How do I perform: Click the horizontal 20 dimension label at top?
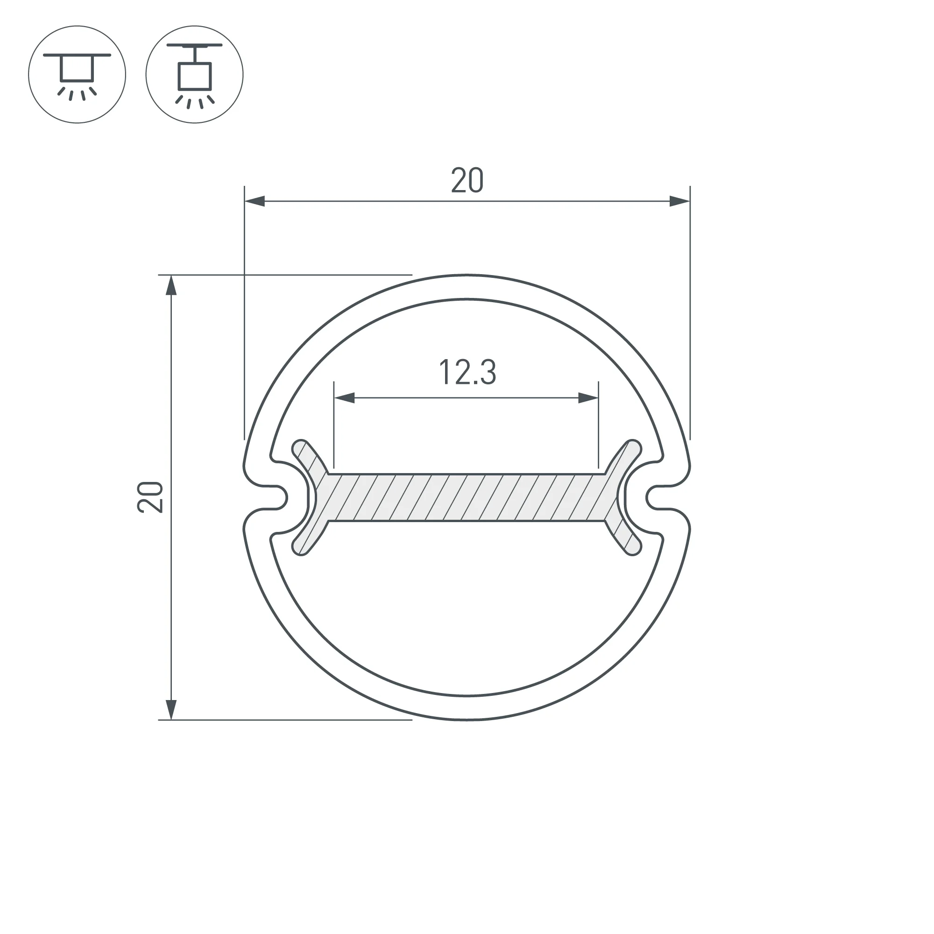pos(467,180)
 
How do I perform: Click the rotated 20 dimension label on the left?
pos(150,497)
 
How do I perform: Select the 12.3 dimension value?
pos(467,372)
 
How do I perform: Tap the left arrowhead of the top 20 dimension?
pos(255,201)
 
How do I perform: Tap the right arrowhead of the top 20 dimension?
pos(679,201)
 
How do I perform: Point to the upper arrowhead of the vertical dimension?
pos(171,285)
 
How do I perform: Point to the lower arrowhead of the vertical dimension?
pos(171,710)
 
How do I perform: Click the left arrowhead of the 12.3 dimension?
pos(344,398)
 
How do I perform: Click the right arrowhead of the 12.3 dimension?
pos(588,398)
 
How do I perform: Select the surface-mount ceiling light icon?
pos(77,74)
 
